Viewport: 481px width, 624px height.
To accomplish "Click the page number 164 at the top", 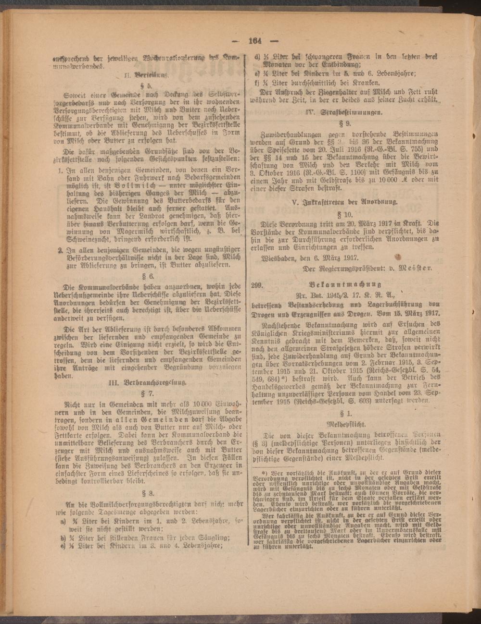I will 253,40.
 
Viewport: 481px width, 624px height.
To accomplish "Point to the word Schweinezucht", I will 85,239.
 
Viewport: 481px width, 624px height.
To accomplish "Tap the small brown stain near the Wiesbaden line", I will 397,256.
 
